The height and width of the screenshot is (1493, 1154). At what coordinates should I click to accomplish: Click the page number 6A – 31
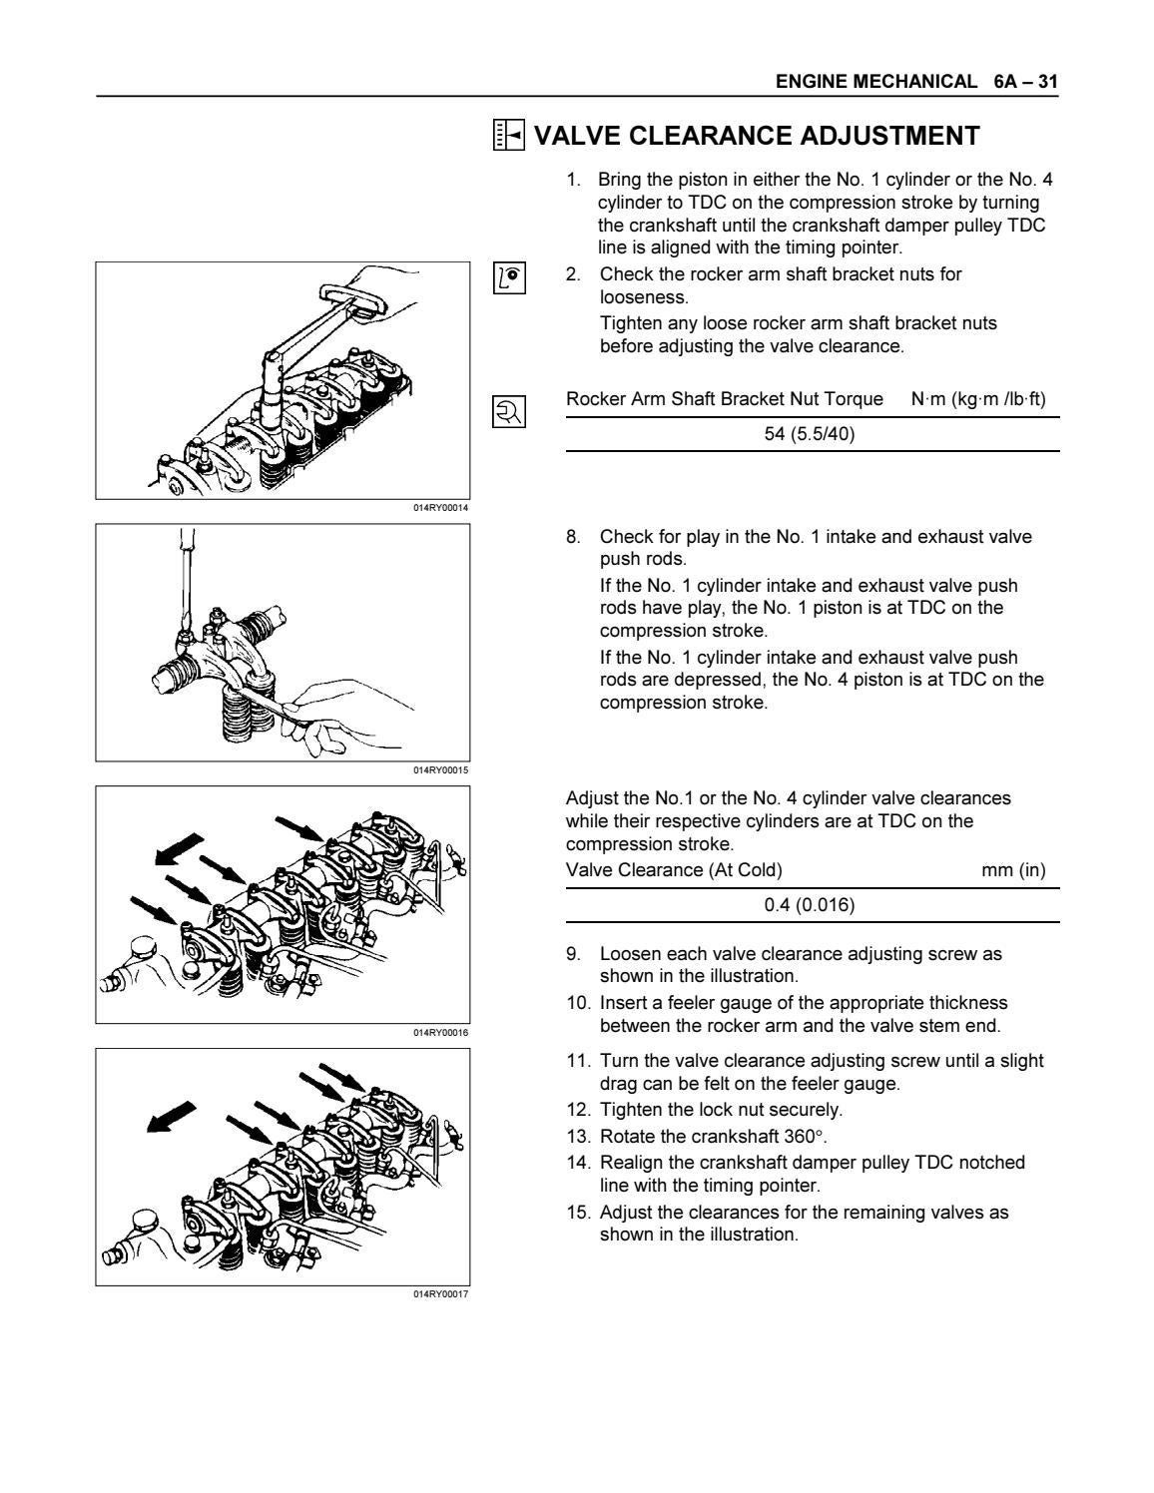tap(1025, 82)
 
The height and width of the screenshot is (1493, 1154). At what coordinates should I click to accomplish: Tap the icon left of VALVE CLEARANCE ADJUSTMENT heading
tap(509, 136)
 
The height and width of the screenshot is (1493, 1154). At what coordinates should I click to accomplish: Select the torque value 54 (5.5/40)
tap(810, 434)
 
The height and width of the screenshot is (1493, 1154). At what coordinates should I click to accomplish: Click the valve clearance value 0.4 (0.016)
tap(810, 905)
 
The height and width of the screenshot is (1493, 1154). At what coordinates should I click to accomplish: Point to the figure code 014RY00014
tap(440, 508)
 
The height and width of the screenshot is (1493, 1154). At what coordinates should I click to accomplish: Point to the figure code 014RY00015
tap(440, 770)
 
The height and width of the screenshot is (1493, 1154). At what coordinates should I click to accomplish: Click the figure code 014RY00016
tap(440, 1033)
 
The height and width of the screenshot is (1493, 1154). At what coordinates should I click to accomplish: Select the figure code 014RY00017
tap(440, 1294)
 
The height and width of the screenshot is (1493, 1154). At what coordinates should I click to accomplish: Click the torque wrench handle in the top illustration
tap(354, 299)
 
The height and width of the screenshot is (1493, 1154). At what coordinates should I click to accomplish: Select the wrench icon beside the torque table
tap(509, 411)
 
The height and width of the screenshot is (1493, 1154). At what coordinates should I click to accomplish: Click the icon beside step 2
tap(509, 277)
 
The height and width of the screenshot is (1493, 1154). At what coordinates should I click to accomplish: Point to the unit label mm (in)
tap(1013, 870)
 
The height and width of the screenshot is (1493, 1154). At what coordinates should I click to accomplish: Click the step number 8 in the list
tap(573, 537)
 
